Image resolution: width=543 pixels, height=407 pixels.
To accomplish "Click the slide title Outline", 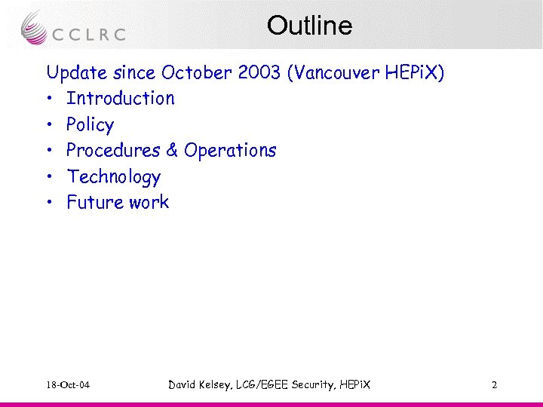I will point(309,26).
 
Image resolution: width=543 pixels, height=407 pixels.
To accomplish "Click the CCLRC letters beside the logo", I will point(89,34).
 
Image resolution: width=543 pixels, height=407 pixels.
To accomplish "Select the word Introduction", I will point(120,98).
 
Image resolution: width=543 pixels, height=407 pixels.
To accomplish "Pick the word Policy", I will point(90,124).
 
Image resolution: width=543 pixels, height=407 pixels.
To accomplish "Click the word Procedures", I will point(112,150).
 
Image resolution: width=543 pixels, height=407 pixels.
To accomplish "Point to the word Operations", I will point(230,150).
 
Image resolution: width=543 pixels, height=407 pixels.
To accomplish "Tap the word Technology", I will point(113,176).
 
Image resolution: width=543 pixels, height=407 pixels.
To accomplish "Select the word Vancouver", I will point(336,72).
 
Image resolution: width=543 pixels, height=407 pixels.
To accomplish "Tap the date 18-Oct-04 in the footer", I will point(68,385).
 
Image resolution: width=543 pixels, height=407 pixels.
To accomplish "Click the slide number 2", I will point(494,385).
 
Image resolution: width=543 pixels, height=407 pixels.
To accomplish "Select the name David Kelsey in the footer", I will point(201,385).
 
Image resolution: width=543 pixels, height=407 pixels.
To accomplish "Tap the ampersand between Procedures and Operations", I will point(171,150).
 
